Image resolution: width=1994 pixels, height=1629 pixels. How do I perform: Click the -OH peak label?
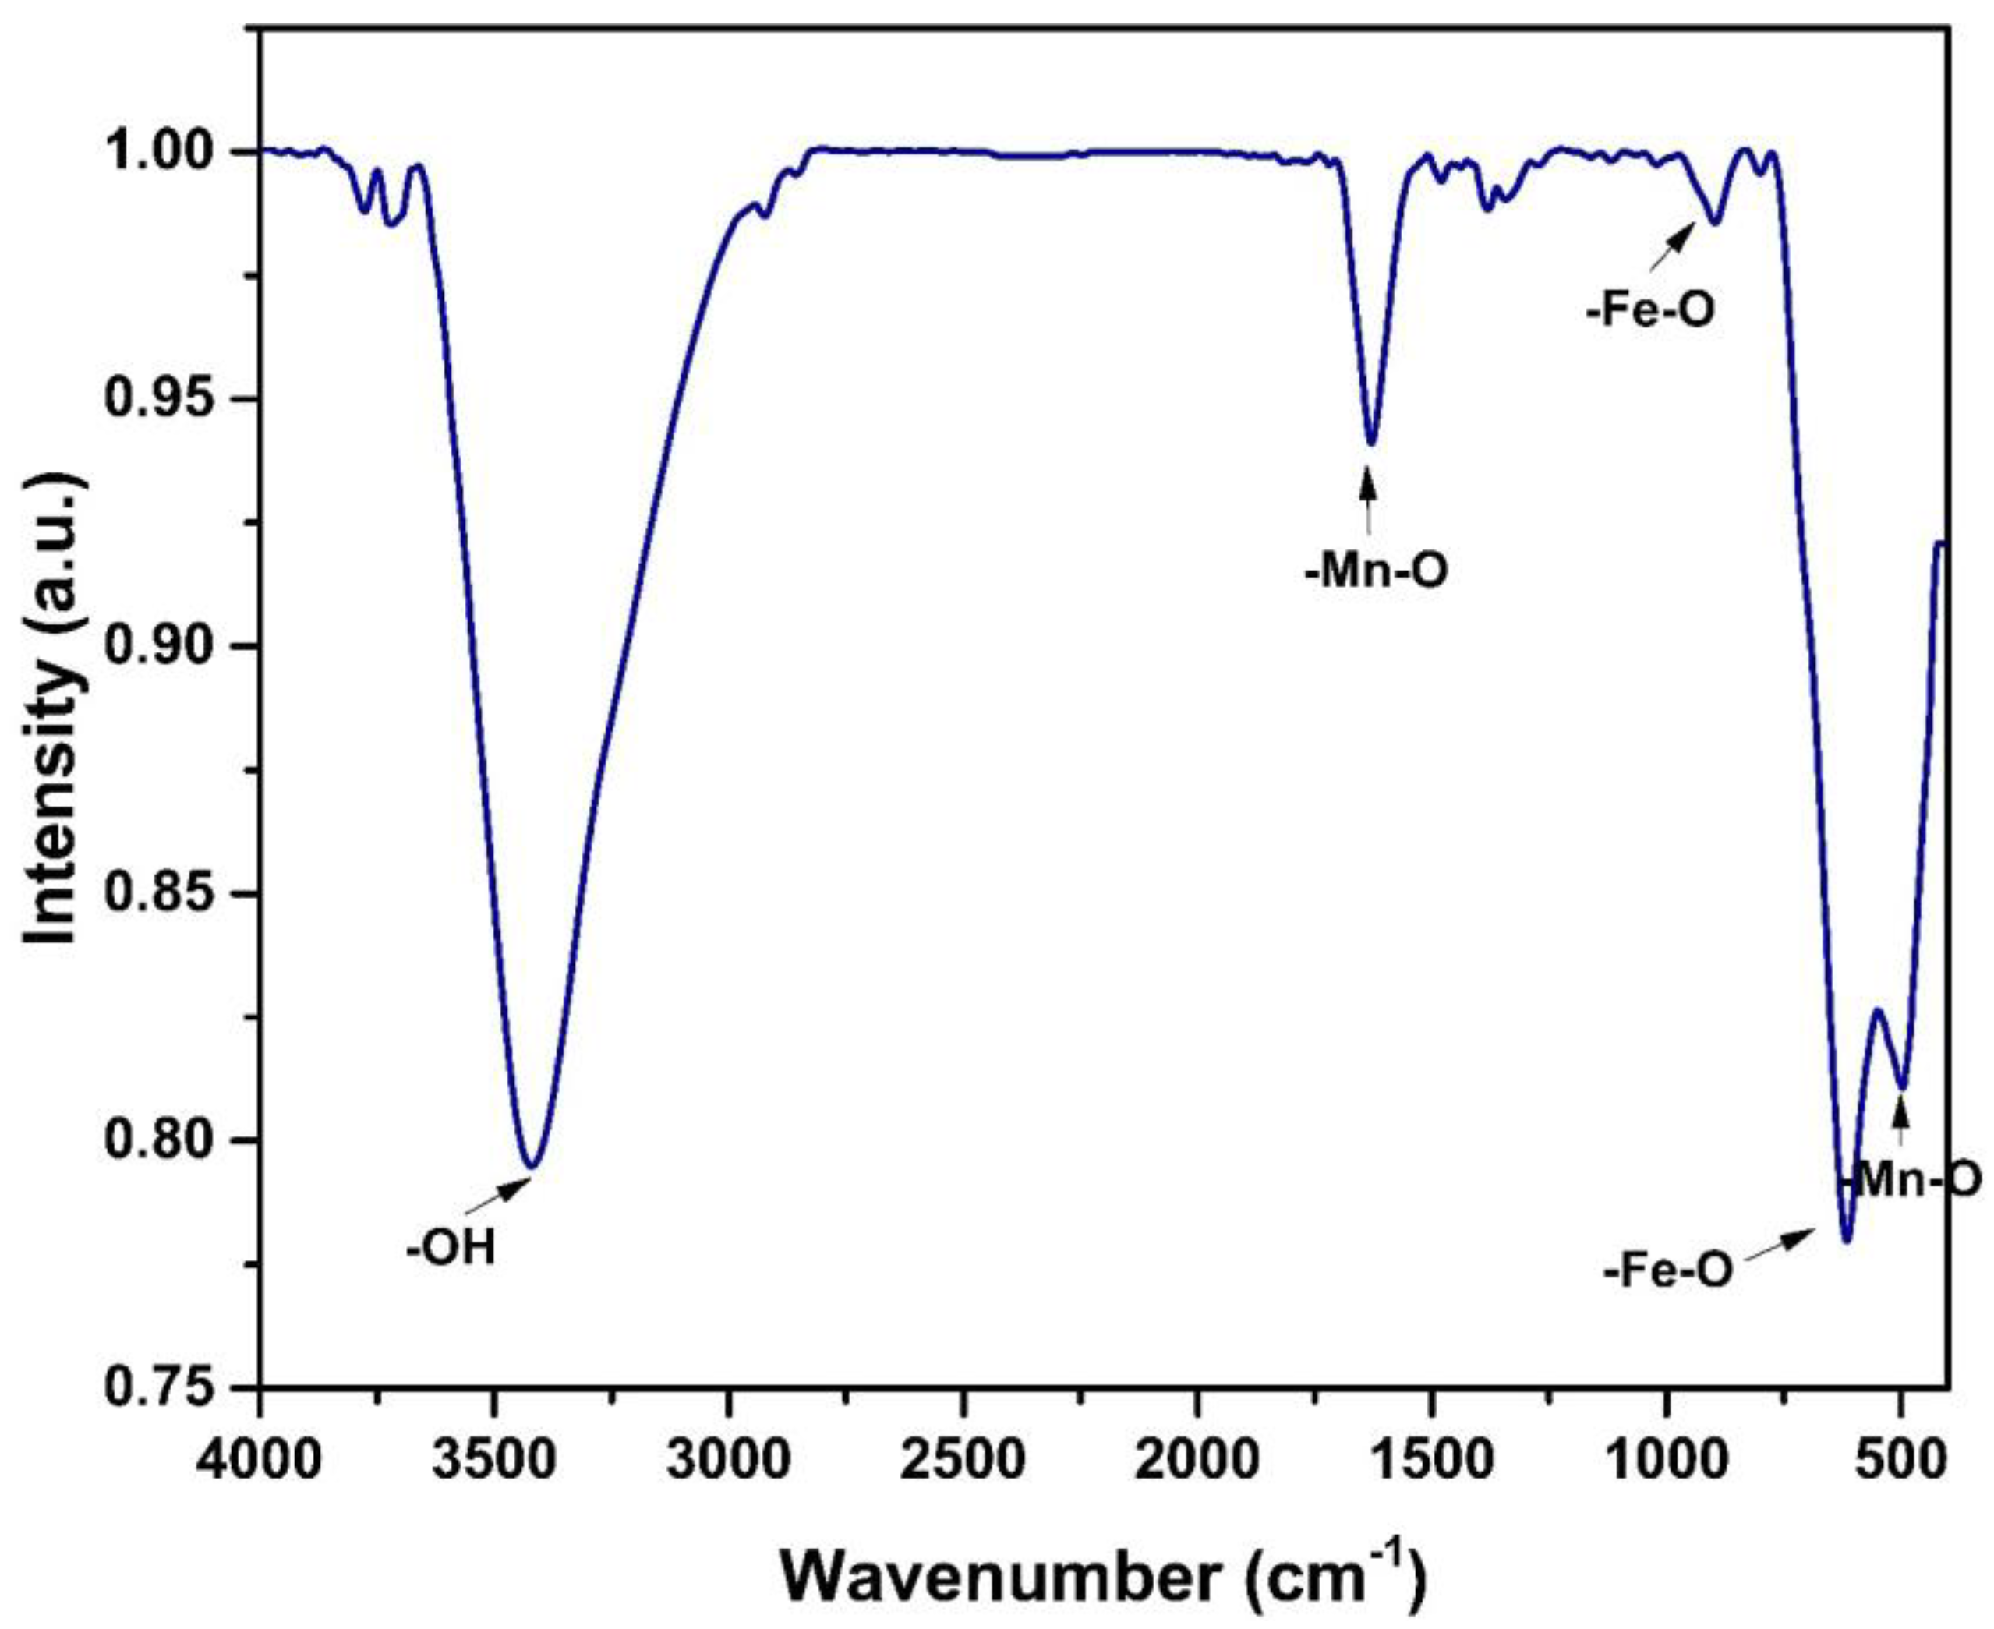[451, 1250]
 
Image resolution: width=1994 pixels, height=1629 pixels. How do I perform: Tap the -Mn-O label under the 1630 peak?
[1377, 570]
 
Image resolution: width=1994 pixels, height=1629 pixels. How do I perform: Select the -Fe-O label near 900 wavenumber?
[1650, 309]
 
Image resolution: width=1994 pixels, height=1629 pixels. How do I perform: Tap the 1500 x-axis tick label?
[1432, 1440]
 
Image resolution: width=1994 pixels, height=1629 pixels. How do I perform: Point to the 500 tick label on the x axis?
[1901, 1440]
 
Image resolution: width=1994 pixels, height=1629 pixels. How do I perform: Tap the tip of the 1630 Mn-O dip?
[1371, 443]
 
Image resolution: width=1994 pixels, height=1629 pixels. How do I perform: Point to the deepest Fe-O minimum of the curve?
[1847, 1241]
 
